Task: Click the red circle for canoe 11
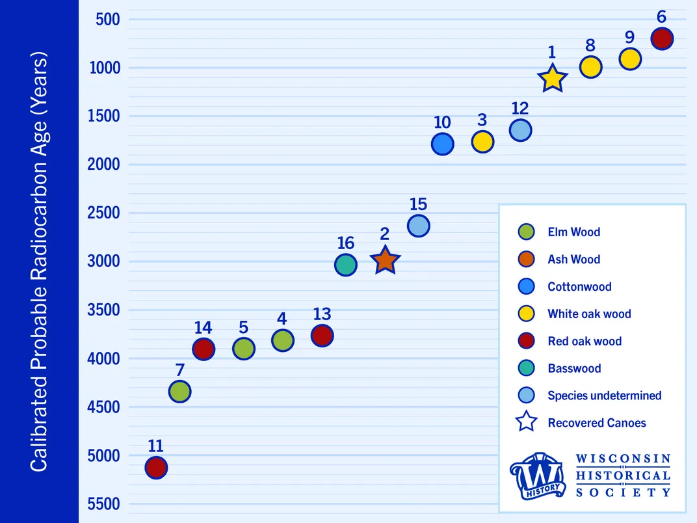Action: point(156,467)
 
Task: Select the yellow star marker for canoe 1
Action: point(552,78)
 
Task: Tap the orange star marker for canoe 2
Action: point(385,260)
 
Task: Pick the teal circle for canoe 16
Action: point(346,265)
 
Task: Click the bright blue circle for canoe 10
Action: point(442,144)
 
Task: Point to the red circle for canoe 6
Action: point(662,39)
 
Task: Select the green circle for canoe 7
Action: point(179,392)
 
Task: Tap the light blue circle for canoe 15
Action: point(419,226)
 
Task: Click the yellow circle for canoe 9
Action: point(630,59)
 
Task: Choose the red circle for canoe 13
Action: point(322,336)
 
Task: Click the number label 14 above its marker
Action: point(203,328)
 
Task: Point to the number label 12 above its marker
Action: point(519,109)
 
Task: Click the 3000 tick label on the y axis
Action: point(103,261)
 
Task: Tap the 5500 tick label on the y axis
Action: point(103,504)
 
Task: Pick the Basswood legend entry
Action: point(573,368)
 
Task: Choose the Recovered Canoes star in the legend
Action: point(526,422)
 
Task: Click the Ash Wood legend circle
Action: point(526,259)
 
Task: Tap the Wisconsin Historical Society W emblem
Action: point(538,477)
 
